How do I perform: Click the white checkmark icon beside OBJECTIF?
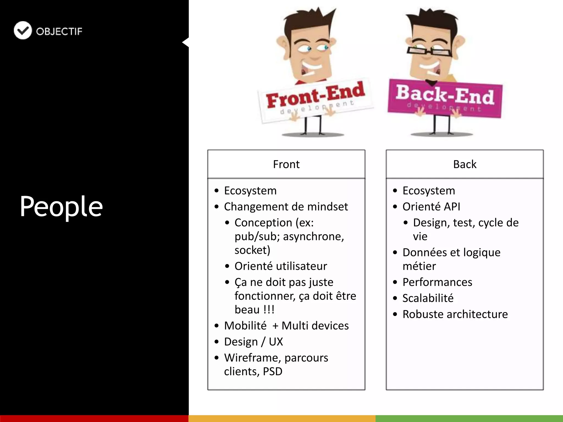[23, 30]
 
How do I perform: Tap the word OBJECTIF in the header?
[59, 31]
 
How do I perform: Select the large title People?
[61, 206]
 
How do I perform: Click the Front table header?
[286, 164]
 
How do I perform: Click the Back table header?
[465, 164]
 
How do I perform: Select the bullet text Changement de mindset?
[286, 207]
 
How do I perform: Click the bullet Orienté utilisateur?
[281, 266]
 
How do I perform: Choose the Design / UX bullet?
[253, 342]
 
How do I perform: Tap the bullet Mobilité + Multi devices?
[286, 326]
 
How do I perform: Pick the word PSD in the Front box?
[272, 371]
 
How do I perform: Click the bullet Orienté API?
[431, 207]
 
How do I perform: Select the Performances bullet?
[437, 282]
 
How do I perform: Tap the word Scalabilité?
[428, 298]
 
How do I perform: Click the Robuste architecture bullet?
[455, 314]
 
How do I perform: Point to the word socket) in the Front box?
[252, 250]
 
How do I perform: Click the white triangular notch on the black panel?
[186, 42]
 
